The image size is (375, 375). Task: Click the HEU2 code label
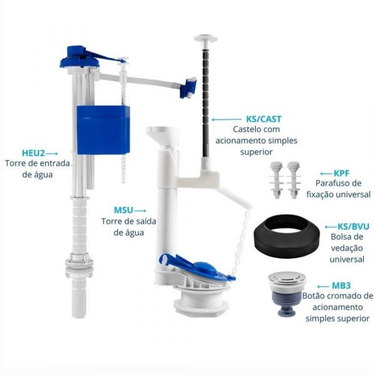pyautogui.click(x=33, y=153)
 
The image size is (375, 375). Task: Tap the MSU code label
pyautogui.click(x=123, y=210)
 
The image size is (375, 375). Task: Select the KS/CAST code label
pyautogui.click(x=264, y=119)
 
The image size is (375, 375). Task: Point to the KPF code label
pyautogui.click(x=341, y=173)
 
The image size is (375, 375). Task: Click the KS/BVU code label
pyautogui.click(x=353, y=226)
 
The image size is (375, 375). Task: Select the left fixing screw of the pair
pyautogui.click(x=276, y=180)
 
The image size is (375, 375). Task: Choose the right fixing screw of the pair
pyautogui.click(x=294, y=180)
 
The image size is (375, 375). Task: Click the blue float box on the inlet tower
pyautogui.click(x=103, y=130)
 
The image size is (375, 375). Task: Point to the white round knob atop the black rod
pyautogui.click(x=206, y=38)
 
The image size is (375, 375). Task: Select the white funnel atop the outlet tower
pyautogui.click(x=162, y=136)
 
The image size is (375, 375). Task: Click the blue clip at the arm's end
pyautogui.click(x=188, y=87)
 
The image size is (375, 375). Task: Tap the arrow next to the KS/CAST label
pyautogui.click(x=226, y=119)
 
